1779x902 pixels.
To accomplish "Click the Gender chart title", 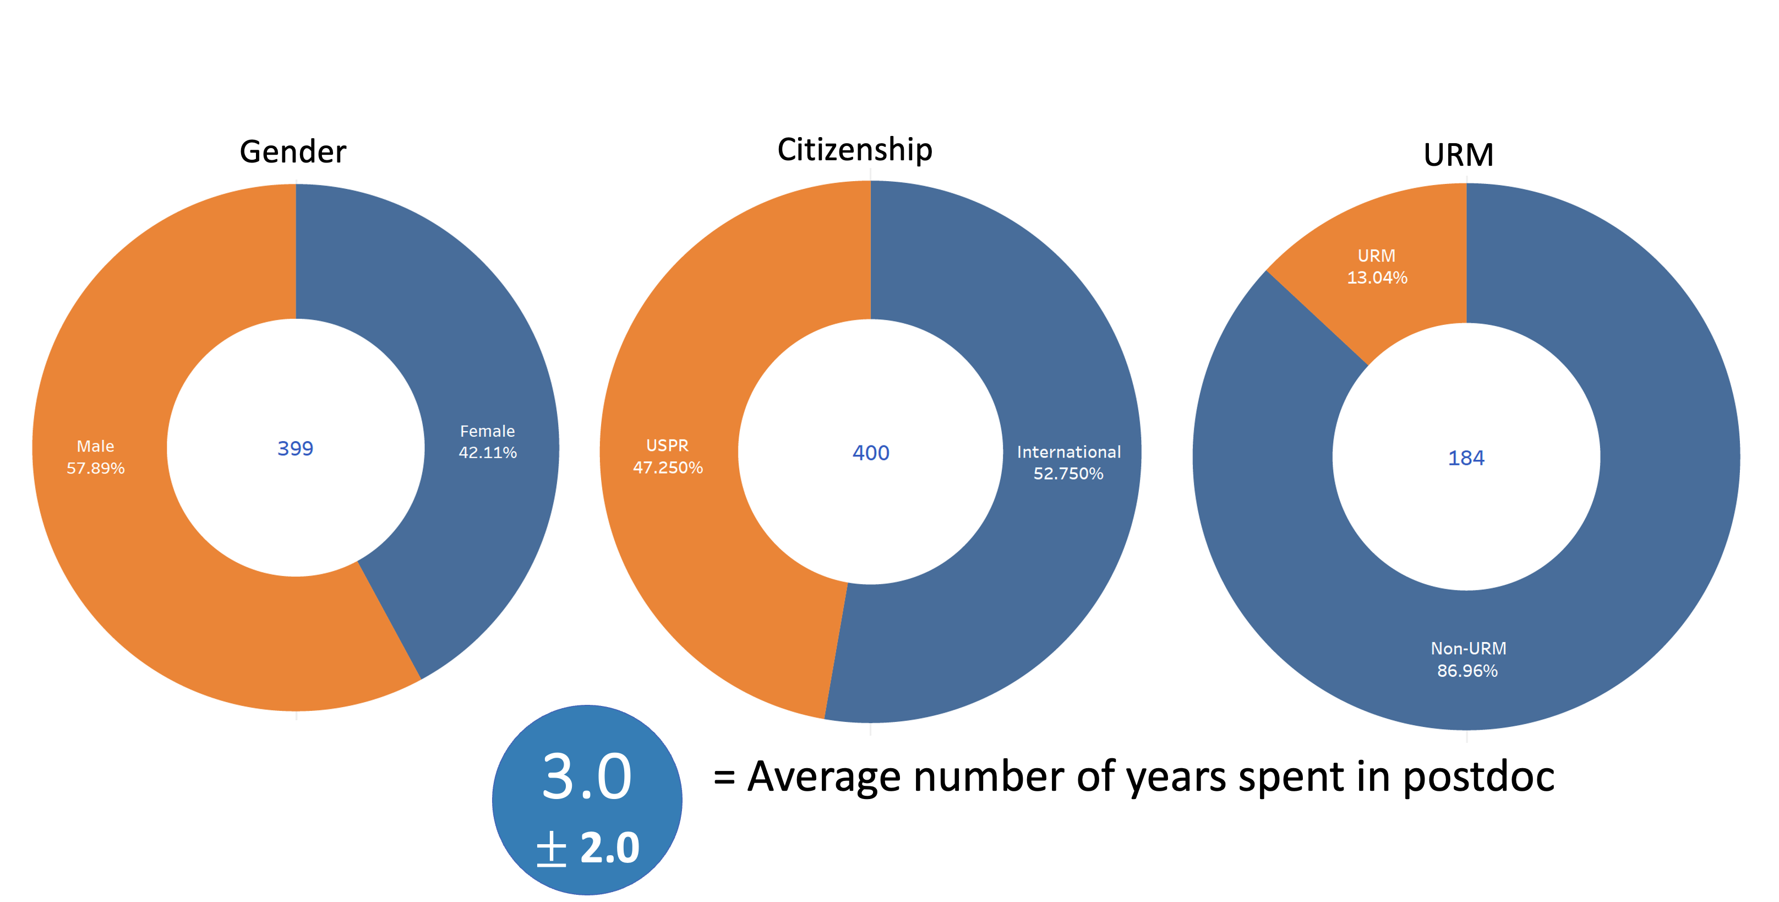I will [293, 152].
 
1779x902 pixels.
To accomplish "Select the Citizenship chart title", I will [854, 150].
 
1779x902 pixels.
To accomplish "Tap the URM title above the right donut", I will [1458, 155].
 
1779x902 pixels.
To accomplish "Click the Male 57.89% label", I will [95, 457].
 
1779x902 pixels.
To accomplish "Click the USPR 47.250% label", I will [667, 457].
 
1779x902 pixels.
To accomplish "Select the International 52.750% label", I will [1068, 463].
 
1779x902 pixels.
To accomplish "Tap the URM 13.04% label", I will [1377, 267].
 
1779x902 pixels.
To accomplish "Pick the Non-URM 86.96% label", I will [1467, 660].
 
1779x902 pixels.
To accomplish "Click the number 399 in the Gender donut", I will [295, 449].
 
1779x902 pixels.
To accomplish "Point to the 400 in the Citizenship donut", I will [870, 453].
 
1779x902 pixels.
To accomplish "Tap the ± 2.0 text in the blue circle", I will [588, 848].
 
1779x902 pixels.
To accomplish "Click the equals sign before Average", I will [724, 778].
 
